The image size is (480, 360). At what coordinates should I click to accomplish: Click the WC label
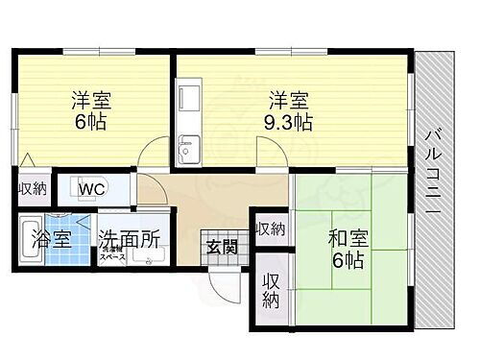click(93, 189)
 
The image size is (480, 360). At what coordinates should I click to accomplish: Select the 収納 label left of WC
click(32, 189)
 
